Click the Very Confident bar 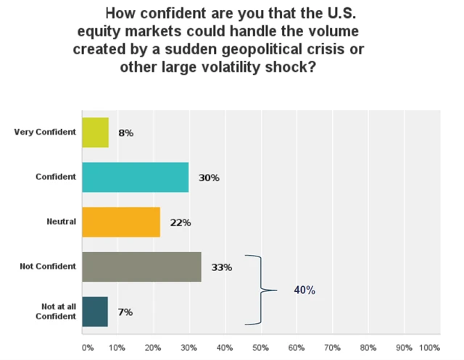[95, 133]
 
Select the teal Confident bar [135, 177]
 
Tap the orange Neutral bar [121, 222]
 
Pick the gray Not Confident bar [141, 267]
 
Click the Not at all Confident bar [95, 311]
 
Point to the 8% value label [125, 133]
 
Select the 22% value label [181, 222]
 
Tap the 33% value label [222, 267]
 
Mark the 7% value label [125, 312]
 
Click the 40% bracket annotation [304, 290]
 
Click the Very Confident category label [45, 133]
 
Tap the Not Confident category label [49, 267]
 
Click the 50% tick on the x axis [261, 348]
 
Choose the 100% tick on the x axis [430, 348]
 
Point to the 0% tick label [88, 348]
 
